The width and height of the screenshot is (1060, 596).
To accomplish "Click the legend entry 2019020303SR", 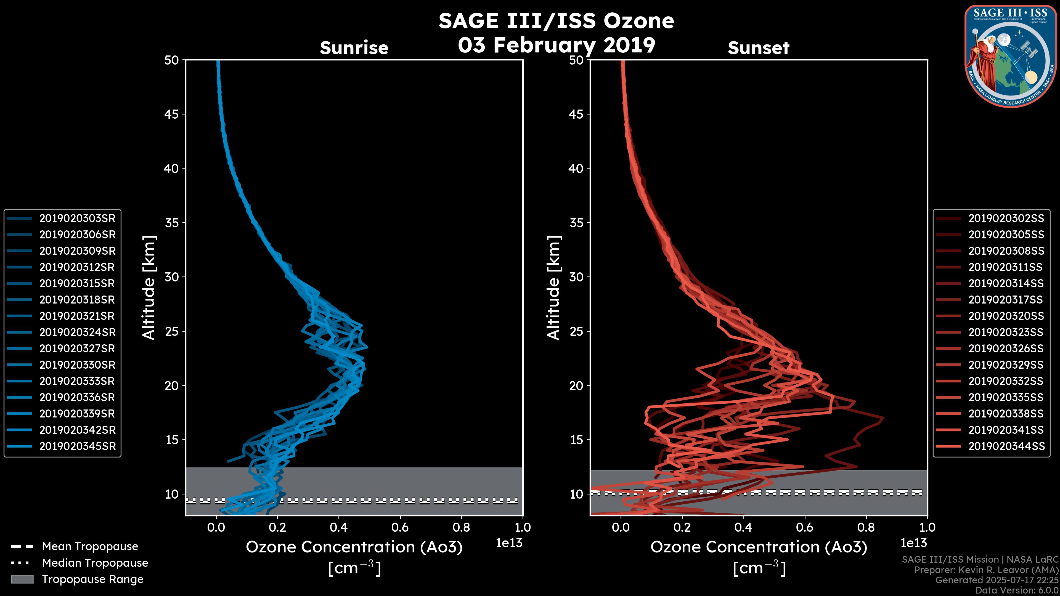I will [77, 219].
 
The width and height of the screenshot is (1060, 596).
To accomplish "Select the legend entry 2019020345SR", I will [77, 446].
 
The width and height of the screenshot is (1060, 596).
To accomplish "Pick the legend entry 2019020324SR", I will [77, 332].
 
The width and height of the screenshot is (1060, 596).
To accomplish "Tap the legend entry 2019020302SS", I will [1006, 219].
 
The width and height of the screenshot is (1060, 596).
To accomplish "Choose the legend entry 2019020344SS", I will [1006, 446].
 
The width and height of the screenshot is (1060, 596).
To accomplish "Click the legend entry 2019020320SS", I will [1006, 316].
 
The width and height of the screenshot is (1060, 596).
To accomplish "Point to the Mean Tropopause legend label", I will [90, 547].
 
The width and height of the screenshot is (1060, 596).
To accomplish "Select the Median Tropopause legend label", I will [95, 563].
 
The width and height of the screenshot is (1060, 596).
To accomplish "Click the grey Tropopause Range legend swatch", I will [22, 579].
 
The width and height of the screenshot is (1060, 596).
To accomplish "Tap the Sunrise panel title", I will [354, 48].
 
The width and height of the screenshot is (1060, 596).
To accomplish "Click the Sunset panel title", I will [758, 48].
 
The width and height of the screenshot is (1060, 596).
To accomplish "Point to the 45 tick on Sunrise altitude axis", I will [172, 114].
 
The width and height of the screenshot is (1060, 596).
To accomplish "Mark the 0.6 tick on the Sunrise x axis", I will [400, 527].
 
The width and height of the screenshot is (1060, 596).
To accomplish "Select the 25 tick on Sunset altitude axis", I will [576, 331].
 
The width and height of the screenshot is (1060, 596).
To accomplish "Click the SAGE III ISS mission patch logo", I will [1010, 55].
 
